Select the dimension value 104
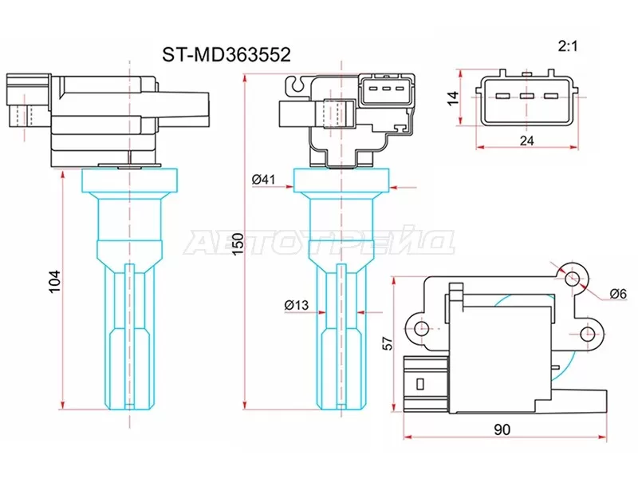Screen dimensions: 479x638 point(53,283)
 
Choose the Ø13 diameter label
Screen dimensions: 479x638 point(295,304)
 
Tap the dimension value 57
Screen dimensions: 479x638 point(389,344)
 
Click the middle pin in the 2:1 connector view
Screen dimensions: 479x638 point(526,97)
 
